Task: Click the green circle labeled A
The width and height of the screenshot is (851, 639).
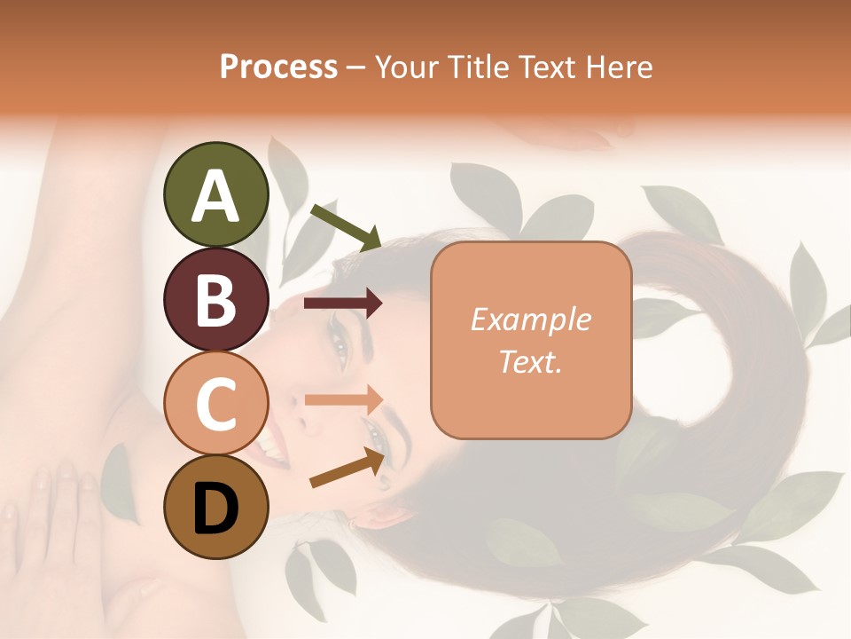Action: (216, 194)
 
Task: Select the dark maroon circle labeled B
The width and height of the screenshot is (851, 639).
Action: (216, 299)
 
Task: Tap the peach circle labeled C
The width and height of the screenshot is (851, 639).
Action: (216, 403)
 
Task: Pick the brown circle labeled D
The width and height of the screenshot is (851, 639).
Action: (216, 507)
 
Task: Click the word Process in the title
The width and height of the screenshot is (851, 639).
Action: (278, 67)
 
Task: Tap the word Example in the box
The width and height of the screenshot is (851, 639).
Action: (530, 320)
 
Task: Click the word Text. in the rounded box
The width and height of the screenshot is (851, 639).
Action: (530, 362)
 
